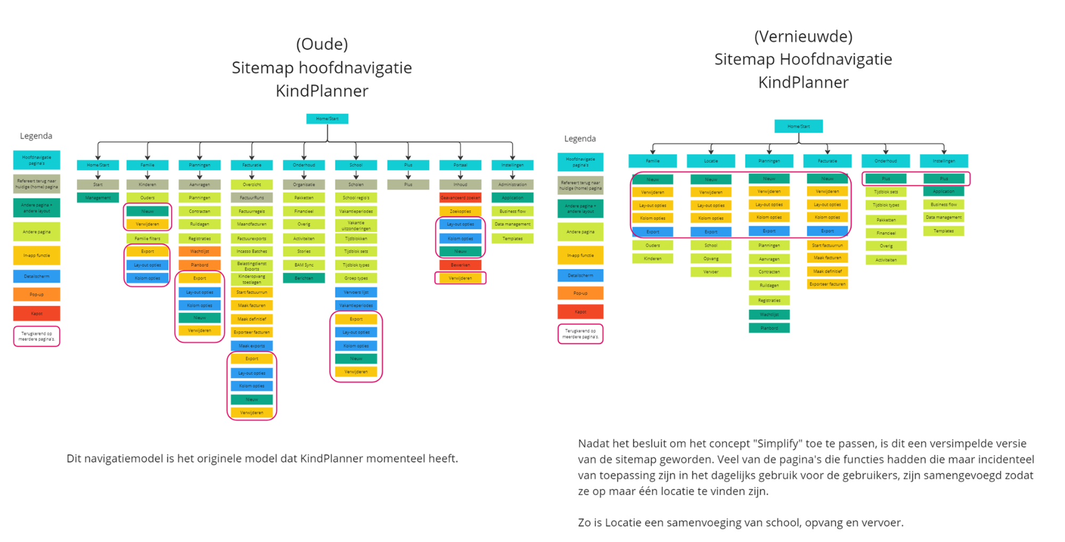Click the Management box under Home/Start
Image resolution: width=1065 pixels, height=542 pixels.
pyautogui.click(x=97, y=198)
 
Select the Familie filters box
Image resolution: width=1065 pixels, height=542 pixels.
pyautogui.click(x=147, y=239)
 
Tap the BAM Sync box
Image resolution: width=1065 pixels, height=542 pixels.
pyautogui.click(x=304, y=265)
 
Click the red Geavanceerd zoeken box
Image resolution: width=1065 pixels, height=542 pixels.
pyautogui.click(x=460, y=198)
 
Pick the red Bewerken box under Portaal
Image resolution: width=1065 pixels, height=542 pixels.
pyautogui.click(x=460, y=265)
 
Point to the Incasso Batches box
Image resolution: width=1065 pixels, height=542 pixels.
pyautogui.click(x=251, y=251)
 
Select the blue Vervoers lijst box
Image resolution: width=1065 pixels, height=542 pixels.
pyautogui.click(x=356, y=292)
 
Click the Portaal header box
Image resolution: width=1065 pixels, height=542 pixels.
pyautogui.click(x=460, y=165)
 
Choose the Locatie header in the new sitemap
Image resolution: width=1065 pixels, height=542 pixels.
pyautogui.click(x=711, y=161)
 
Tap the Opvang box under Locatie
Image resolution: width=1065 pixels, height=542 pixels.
pyautogui.click(x=711, y=259)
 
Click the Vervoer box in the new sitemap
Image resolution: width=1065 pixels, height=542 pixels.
pyautogui.click(x=711, y=272)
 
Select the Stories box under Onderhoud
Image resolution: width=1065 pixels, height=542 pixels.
pyautogui.click(x=304, y=251)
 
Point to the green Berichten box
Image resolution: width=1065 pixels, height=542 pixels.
pyautogui.click(x=304, y=278)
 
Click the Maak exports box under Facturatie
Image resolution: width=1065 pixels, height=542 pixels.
pyautogui.click(x=251, y=346)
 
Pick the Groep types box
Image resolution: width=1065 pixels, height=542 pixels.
pyautogui.click(x=356, y=278)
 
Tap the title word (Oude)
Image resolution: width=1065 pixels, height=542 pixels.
pyautogui.click(x=322, y=44)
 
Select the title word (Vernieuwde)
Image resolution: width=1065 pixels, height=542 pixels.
pyautogui.click(x=803, y=36)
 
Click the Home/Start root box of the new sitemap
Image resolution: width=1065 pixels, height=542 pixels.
pyautogui.click(x=798, y=126)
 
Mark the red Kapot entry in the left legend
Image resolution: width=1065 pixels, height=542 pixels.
pyautogui.click(x=36, y=314)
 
